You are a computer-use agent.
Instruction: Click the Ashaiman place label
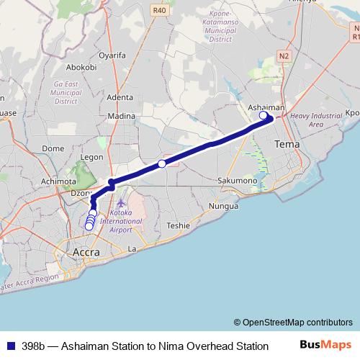pyautogui.click(x=266, y=107)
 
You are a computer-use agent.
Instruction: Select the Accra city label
pyautogui.click(x=87, y=252)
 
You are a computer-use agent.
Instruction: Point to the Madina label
pyautogui.click(x=121, y=116)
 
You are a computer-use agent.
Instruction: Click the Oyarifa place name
pyautogui.click(x=113, y=55)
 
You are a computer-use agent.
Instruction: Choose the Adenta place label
pyautogui.click(x=120, y=97)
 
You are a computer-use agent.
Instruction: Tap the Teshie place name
pyautogui.click(x=178, y=225)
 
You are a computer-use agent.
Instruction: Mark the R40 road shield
pyautogui.click(x=159, y=10)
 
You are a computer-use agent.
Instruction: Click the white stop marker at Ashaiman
pyautogui.click(x=264, y=115)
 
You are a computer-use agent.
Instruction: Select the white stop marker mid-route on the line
pyautogui.click(x=162, y=164)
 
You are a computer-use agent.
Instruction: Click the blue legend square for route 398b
pyautogui.click(x=9, y=346)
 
